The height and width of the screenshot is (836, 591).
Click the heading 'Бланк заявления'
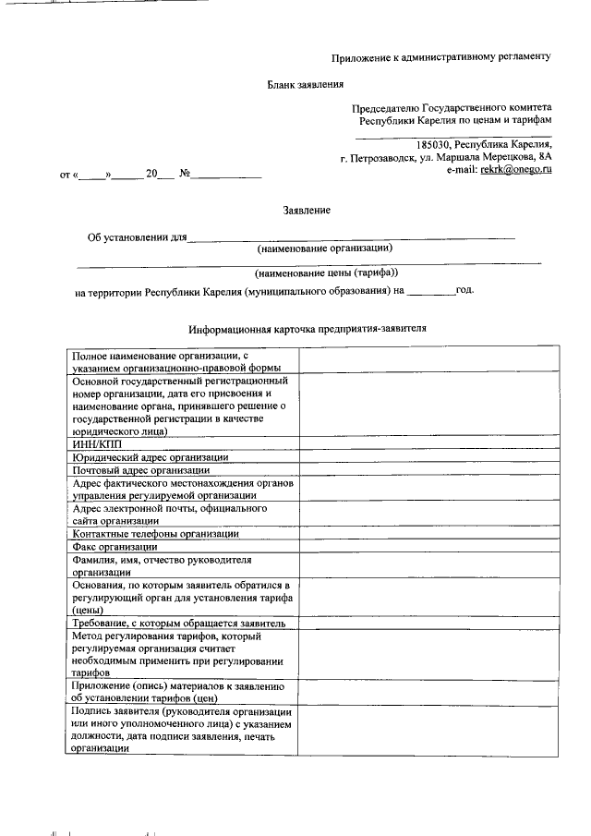(306, 84)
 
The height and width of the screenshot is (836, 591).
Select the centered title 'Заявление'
(307, 211)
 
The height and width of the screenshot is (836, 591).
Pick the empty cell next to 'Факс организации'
(428, 547)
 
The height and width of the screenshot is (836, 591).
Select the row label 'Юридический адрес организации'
(150, 456)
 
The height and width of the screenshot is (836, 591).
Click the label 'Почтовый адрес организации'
(141, 469)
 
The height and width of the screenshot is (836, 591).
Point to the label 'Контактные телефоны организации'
(155, 534)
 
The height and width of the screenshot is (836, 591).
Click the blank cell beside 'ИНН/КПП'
(428, 443)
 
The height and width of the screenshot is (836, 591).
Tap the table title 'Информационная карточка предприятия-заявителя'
(307, 328)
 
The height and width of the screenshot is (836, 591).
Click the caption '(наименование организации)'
(324, 248)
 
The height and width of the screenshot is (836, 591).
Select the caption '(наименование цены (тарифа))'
(326, 273)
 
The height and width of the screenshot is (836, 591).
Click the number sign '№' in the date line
(184, 173)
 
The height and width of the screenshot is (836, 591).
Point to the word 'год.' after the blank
(465, 290)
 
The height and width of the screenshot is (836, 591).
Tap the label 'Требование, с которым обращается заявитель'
(178, 624)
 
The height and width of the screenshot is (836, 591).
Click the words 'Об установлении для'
(137, 236)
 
